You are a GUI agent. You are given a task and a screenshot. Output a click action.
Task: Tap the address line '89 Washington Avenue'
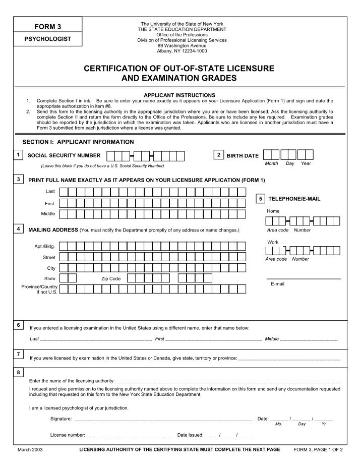coord(182,45)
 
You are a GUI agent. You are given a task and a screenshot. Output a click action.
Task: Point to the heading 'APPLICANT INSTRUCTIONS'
coord(179,95)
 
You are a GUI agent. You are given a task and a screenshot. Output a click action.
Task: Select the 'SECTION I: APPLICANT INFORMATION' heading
coord(78,142)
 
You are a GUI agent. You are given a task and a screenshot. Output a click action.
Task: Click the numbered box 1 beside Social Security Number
coord(19,154)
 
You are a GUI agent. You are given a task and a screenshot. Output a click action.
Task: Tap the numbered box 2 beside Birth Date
coord(218,154)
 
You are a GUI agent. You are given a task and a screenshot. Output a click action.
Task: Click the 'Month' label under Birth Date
coord(272,163)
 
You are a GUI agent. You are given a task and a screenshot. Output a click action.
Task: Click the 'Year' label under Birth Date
coord(306,163)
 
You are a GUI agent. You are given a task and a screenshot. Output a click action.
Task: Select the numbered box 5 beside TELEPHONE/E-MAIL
coord(260,199)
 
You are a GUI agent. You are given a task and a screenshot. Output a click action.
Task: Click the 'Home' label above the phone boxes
coord(273,211)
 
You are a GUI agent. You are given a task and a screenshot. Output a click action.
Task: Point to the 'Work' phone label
coord(273,243)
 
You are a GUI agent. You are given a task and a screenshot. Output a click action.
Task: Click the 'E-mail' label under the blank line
coord(278,284)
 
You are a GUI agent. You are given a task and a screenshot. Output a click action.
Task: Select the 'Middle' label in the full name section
coord(48,214)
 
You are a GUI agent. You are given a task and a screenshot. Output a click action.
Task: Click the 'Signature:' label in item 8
coord(61,419)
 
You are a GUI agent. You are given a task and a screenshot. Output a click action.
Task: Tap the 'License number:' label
coord(68,435)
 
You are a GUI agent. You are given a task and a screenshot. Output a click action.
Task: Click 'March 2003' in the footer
coord(30,449)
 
